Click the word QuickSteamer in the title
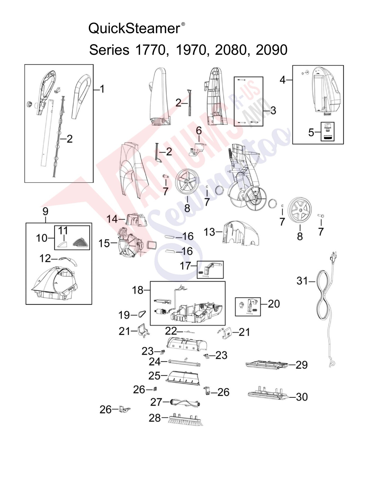click(134, 29)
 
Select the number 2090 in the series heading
click(272, 50)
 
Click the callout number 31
click(302, 281)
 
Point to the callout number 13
click(209, 232)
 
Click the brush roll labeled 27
click(185, 403)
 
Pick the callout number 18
click(138, 290)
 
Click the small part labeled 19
click(142, 314)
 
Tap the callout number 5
click(311, 132)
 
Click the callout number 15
click(104, 243)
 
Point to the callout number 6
click(199, 131)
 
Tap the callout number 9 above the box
click(45, 211)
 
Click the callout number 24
click(154, 362)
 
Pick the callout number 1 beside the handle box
click(102, 89)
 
